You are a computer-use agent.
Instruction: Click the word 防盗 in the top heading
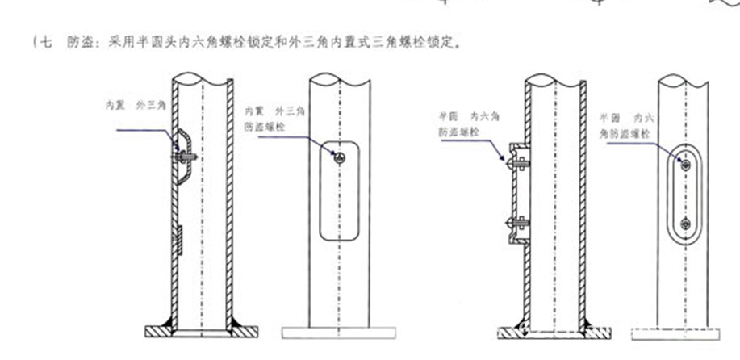[78, 43]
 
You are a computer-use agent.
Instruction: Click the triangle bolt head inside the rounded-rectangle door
[340, 157]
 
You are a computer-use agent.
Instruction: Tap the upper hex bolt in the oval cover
[684, 165]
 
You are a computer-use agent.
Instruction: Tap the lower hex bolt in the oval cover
[684, 223]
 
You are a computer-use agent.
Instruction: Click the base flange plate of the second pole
[339, 332]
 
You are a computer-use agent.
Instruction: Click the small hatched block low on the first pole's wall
[179, 239]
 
